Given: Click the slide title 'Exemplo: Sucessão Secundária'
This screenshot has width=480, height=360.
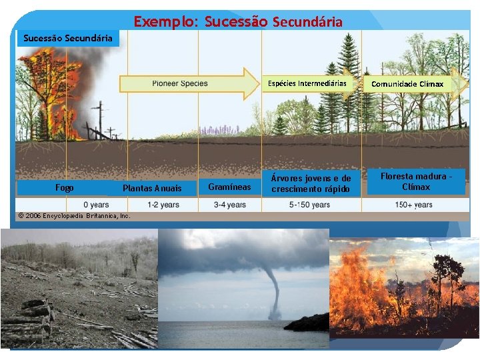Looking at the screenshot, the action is [238, 21].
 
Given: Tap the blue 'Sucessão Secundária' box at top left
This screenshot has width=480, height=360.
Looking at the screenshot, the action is [67, 38].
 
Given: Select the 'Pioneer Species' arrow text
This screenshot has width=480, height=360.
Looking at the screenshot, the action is [180, 83].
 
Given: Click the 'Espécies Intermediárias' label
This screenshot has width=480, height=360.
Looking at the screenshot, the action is [307, 83].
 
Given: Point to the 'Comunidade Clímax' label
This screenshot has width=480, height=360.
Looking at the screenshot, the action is [407, 84].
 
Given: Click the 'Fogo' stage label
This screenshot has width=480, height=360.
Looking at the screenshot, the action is [65, 188].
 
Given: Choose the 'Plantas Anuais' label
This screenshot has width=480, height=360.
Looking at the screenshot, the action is [152, 188].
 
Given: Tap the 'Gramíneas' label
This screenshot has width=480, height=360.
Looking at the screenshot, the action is [229, 187].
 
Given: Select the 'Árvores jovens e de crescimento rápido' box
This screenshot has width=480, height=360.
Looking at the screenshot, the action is [311, 183].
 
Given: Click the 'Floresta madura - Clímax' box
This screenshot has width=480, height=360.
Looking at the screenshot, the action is [416, 181].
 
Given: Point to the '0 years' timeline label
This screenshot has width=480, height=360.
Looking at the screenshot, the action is [97, 205].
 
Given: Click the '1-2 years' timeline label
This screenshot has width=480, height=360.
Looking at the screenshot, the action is [163, 205].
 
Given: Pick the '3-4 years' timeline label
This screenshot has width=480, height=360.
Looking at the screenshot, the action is [229, 205].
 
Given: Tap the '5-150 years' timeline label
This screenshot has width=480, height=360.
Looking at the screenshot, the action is [309, 205].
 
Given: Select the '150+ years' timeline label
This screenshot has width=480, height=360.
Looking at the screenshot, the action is [413, 205].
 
